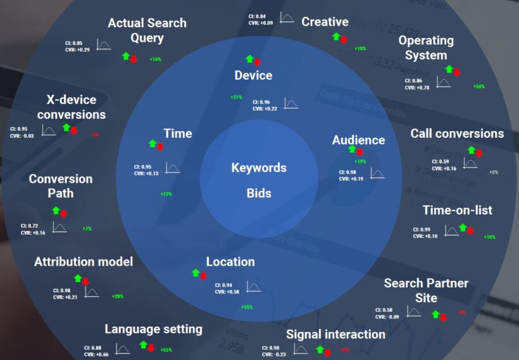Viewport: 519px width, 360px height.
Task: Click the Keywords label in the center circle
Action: pyautogui.click(x=259, y=168)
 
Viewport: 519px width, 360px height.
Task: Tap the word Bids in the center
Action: pyautogui.click(x=259, y=193)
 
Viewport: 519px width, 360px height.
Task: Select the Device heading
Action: pyautogui.click(x=253, y=75)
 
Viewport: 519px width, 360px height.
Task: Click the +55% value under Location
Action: pyautogui.click(x=247, y=307)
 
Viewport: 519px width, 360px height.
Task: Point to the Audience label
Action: pyautogui.click(x=358, y=140)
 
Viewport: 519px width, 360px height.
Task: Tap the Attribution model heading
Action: pyautogui.click(x=84, y=261)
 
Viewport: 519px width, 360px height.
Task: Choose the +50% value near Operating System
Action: pyautogui.click(x=478, y=86)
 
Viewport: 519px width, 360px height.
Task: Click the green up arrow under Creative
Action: pyautogui.click(x=336, y=37)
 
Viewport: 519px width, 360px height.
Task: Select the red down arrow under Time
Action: pyautogui.click(x=160, y=147)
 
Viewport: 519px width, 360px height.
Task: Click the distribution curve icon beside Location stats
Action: pyautogui.click(x=254, y=287)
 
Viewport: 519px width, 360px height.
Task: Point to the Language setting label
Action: pyautogui.click(x=153, y=329)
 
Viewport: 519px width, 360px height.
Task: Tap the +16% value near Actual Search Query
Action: pyautogui.click(x=155, y=59)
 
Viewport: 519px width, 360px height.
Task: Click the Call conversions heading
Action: pyautogui.click(x=457, y=133)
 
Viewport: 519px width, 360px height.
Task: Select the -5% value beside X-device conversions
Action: pyautogui.click(x=94, y=134)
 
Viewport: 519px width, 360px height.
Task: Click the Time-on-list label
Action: pyautogui.click(x=457, y=210)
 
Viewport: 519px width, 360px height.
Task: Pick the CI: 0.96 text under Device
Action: pyautogui.click(x=261, y=102)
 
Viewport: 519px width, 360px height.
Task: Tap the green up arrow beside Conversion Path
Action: pyautogui.click(x=56, y=210)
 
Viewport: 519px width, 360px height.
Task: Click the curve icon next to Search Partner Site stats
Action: pyautogui.click(x=413, y=312)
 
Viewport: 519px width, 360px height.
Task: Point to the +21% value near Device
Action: pyautogui.click(x=236, y=97)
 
